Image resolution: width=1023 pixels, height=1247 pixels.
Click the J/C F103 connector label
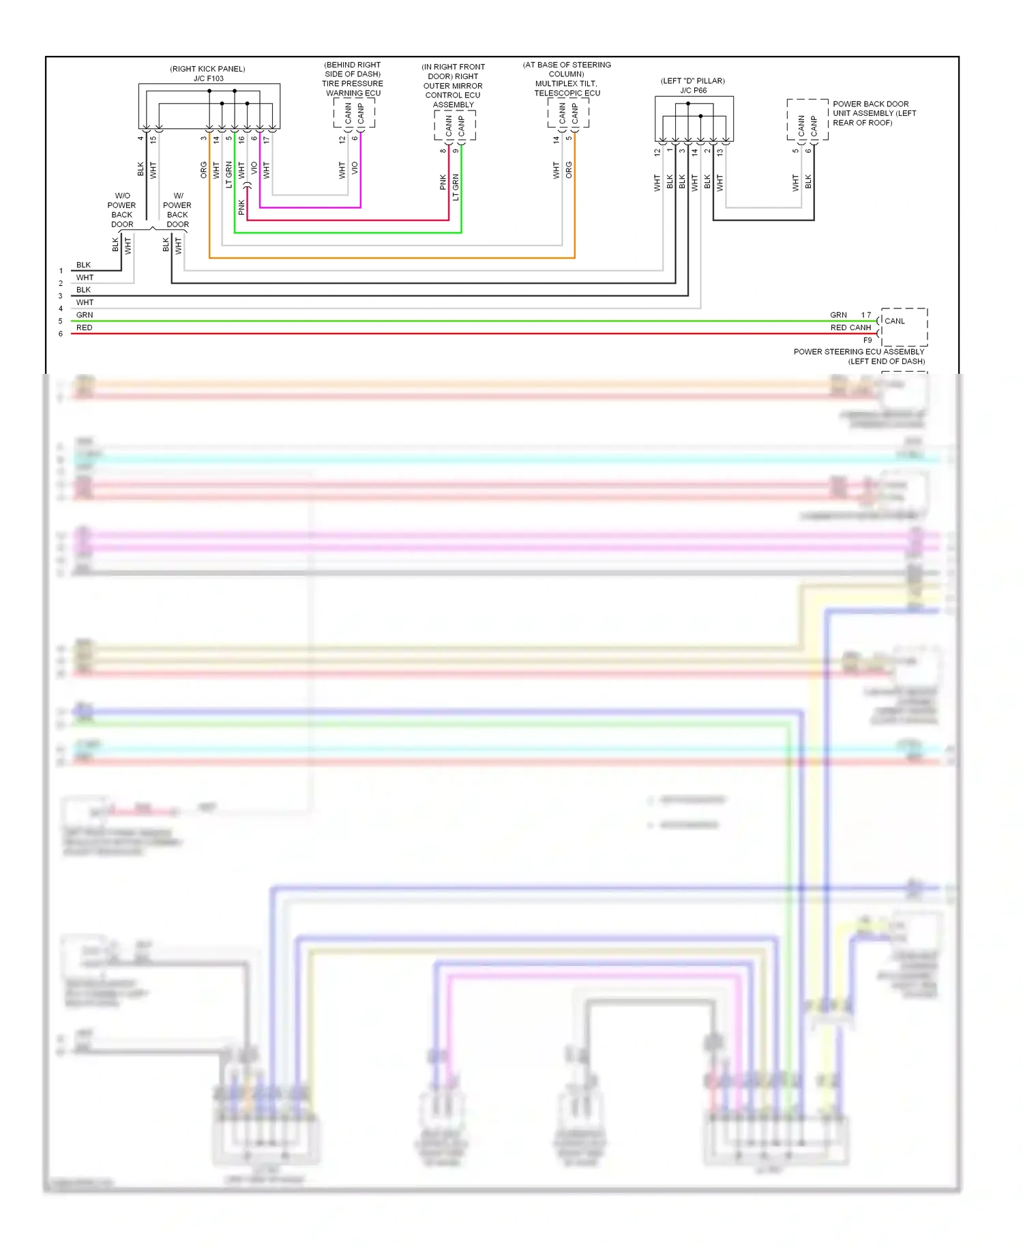pyautogui.click(x=208, y=78)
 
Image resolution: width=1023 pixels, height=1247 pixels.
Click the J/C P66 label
pyautogui.click(x=693, y=90)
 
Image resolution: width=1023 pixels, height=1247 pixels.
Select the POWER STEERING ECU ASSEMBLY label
pyautogui.click(x=859, y=352)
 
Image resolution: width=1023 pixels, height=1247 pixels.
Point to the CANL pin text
pyautogui.click(x=895, y=321)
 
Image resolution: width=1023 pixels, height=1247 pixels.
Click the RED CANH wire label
pyautogui.click(x=850, y=327)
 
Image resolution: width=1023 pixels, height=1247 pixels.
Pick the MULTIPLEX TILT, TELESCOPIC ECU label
pyautogui.click(x=567, y=88)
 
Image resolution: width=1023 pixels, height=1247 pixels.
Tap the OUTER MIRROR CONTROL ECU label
pyautogui.click(x=453, y=91)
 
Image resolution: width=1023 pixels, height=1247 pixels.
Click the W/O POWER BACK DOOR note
pyautogui.click(x=122, y=210)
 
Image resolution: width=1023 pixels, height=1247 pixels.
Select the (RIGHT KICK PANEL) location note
pyautogui.click(x=207, y=69)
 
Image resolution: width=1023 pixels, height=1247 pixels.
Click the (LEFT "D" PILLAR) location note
pyautogui.click(x=692, y=80)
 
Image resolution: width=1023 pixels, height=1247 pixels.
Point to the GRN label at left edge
pyautogui.click(x=85, y=315)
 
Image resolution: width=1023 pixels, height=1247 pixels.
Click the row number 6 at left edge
pyautogui.click(x=61, y=334)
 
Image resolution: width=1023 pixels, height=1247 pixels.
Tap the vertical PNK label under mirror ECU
pyautogui.click(x=443, y=182)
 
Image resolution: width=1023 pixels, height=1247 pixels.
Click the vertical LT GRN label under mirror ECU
pyautogui.click(x=456, y=187)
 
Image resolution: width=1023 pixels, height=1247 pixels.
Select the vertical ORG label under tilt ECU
pyautogui.click(x=569, y=170)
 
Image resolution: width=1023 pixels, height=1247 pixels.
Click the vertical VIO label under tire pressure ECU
pyautogui.click(x=355, y=167)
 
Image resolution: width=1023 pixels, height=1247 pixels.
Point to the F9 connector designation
pyautogui.click(x=868, y=340)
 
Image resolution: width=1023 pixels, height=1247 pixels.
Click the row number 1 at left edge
pyautogui.click(x=61, y=271)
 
